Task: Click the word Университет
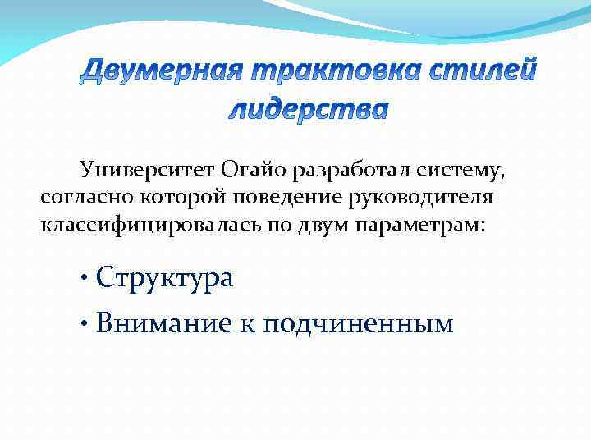[144, 170]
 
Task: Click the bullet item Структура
[164, 278]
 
